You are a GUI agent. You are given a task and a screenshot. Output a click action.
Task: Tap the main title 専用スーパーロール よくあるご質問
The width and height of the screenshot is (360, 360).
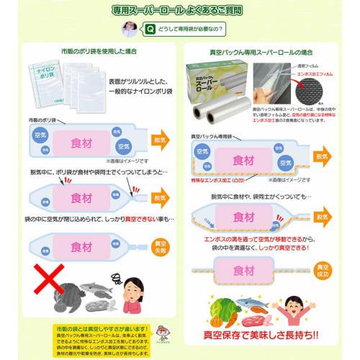(180, 10)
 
